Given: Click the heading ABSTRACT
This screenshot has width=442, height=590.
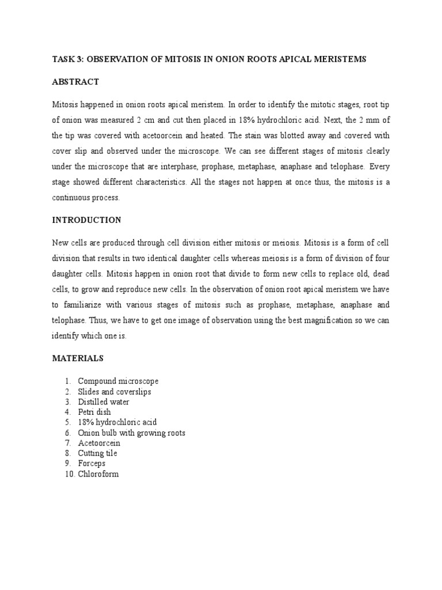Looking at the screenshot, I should pyautogui.click(x=75, y=82).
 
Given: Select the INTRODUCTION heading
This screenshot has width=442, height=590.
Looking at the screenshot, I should pyautogui.click(x=87, y=220).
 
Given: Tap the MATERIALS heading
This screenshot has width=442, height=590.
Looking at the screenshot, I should pyautogui.click(x=78, y=358).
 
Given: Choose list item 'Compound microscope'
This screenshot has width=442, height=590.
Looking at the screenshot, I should pyautogui.click(x=118, y=381).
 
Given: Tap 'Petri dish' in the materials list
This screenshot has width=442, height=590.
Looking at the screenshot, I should pyautogui.click(x=94, y=413).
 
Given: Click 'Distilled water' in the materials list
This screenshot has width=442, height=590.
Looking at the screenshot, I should pyautogui.click(x=104, y=402).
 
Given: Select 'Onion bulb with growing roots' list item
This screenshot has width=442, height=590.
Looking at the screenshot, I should pyautogui.click(x=132, y=433).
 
